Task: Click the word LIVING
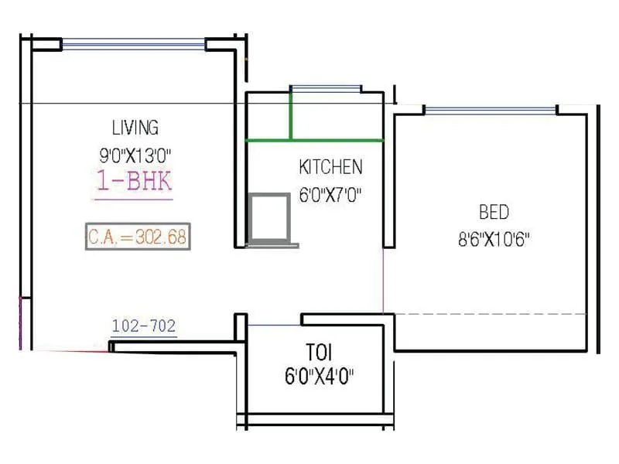coord(135,127)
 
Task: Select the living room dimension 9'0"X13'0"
coord(135,155)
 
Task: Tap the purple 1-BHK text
coord(134,183)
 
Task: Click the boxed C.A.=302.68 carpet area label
coord(137,237)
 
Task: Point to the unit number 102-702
coord(144,326)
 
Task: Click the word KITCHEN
coord(330,166)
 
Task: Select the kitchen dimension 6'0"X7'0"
coord(330,195)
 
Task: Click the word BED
coord(494,211)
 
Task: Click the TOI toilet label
coord(319,353)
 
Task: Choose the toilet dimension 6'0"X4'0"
coord(320,378)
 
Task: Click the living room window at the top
coord(134,45)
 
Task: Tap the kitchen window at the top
coord(325,89)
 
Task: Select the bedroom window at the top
coord(491,111)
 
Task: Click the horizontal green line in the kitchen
coord(314,141)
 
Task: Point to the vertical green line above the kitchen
coord(291,116)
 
